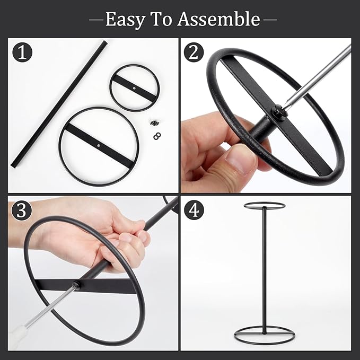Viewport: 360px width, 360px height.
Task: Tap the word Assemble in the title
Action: pos(218,19)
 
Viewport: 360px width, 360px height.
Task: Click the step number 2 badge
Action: pos(194,52)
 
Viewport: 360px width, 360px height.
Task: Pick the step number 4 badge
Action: pos(194,210)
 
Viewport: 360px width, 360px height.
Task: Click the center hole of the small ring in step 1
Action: pos(134,88)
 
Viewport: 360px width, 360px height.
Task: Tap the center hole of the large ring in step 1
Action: pos(99,146)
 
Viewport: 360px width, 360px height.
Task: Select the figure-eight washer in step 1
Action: pos(157,136)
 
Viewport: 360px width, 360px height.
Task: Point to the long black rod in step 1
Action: pos(59,104)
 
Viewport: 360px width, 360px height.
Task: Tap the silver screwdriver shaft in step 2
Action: pos(317,76)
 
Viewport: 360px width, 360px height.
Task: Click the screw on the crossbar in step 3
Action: pos(76,284)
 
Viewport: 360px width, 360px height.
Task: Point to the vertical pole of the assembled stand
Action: pos(265,270)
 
